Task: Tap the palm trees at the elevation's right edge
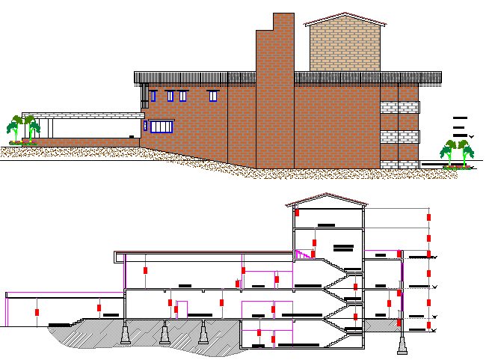coord(458,153)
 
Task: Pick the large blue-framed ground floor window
coord(162,126)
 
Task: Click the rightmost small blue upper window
coord(213,96)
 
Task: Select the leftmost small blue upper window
coord(153,96)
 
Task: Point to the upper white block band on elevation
coord(399,107)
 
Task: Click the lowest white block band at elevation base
coord(399,164)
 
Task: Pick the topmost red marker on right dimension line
coord(429,217)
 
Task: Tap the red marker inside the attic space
coord(297,213)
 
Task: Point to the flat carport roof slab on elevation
coord(82,115)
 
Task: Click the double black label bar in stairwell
coord(343,247)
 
